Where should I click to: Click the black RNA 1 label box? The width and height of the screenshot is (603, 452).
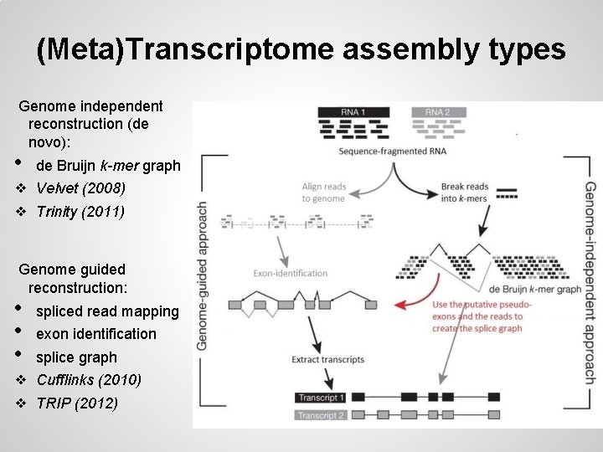353,112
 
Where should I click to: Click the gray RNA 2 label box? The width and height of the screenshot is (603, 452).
437,112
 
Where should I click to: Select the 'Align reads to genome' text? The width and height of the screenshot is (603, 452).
323,193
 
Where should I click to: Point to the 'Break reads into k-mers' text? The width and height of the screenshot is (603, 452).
464,193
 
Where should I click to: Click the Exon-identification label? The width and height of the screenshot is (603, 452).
291,273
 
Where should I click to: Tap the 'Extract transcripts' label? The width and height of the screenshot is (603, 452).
327,359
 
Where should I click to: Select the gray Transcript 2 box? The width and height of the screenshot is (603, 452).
322,415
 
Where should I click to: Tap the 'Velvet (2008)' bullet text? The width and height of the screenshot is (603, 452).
80,187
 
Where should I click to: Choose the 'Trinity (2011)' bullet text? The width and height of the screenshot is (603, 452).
80,212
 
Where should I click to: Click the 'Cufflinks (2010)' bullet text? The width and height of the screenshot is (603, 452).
89,380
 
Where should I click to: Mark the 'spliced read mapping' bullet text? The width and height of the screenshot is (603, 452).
107,311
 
